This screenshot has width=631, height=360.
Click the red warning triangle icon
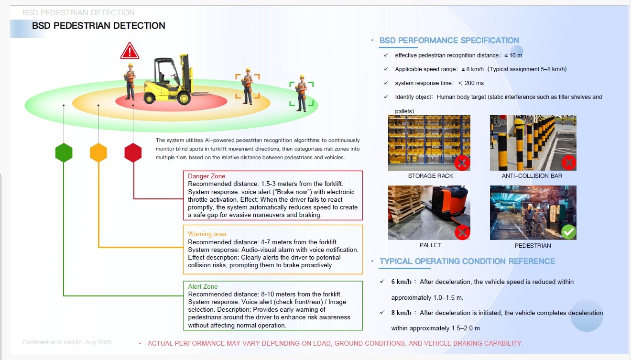(130, 51)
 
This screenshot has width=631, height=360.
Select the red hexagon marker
(133, 153)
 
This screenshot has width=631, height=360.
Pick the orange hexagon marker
(98, 153)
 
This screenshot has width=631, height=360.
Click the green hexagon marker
(64, 153)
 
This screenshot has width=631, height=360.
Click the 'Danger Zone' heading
(207, 176)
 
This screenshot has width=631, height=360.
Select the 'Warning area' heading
(207, 234)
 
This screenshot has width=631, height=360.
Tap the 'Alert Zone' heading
(203, 286)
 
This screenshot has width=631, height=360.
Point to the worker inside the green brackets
(302, 93)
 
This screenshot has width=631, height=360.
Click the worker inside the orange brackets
(248, 86)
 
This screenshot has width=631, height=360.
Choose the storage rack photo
(429, 143)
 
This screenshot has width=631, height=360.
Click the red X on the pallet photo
(462, 232)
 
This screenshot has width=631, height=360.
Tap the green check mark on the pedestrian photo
(568, 232)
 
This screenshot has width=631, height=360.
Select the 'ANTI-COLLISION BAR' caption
(532, 176)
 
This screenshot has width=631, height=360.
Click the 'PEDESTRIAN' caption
(533, 245)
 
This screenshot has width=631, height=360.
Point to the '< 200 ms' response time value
(471, 83)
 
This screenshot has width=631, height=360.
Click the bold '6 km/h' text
(401, 282)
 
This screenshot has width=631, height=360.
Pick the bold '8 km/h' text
(401, 313)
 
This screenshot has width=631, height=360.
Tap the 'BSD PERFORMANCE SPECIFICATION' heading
(449, 40)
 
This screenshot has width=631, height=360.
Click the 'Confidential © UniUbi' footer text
(52, 342)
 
